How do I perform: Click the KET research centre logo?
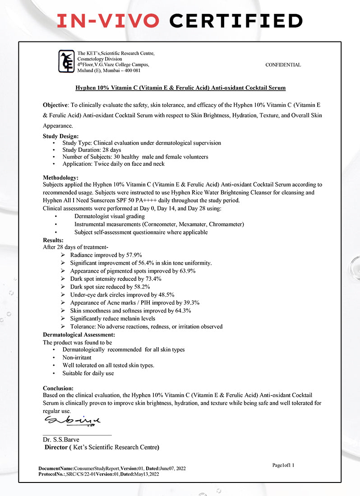pyautogui.click(x=66, y=61)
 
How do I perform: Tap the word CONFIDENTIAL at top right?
pyautogui.click(x=283, y=65)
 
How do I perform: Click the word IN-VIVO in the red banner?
pyautogui.click(x=108, y=21)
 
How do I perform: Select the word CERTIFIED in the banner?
pyautogui.click(x=236, y=21)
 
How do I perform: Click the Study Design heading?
pyautogui.click(x=60, y=136)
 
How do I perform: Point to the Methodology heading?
pyautogui.click(x=60, y=178)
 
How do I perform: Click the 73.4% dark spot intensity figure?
pyautogui.click(x=152, y=279)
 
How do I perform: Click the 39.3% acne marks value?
pyautogui.click(x=190, y=303)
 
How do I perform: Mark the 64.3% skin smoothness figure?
pyautogui.click(x=182, y=311)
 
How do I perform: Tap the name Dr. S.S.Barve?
pyautogui.click(x=61, y=440)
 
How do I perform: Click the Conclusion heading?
pyautogui.click(x=58, y=388)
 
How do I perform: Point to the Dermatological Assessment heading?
pyautogui.click(x=79, y=335)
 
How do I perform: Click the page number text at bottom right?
pyautogui.click(x=283, y=465)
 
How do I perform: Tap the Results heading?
pyautogui.click(x=53, y=240)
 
